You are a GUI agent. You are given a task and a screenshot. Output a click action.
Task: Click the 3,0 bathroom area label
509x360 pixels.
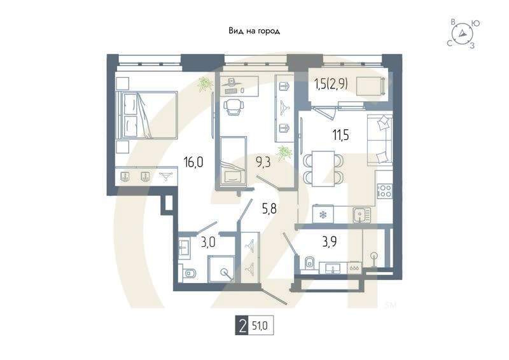[209, 242]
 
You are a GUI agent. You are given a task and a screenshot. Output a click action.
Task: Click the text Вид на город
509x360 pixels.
[254, 31]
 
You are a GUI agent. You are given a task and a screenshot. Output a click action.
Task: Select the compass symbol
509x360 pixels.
[463, 33]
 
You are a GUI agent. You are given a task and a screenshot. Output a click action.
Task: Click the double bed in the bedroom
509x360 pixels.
[147, 115]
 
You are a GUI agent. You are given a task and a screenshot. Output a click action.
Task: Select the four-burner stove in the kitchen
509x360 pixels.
[384, 190]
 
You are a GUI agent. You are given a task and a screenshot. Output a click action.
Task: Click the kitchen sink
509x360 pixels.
[361, 215]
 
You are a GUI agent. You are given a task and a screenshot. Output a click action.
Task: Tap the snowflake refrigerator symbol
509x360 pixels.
[323, 215]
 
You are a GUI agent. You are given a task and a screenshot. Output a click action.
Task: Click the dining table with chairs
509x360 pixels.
[324, 167]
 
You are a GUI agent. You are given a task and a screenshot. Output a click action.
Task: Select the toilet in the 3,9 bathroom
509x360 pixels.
[309, 262]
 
